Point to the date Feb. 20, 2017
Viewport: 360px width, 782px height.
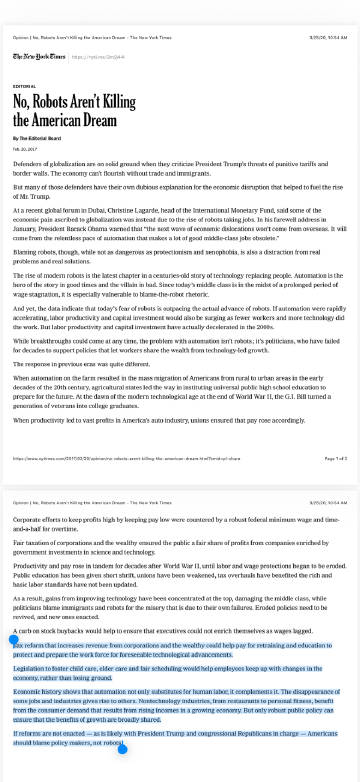27,148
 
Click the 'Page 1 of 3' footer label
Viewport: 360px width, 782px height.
335,459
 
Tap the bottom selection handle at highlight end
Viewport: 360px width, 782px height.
123,748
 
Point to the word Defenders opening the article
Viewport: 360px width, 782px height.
31,162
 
